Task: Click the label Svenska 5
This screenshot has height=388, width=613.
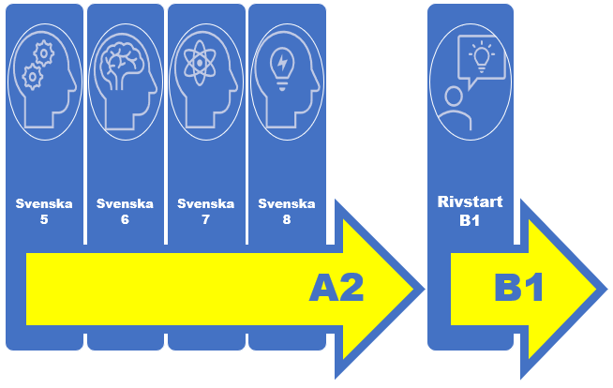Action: click(44, 212)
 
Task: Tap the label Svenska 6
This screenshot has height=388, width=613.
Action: click(125, 212)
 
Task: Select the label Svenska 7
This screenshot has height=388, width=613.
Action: click(205, 212)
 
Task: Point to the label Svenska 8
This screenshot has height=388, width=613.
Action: click(287, 212)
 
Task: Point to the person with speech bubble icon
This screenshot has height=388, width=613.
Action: click(470, 82)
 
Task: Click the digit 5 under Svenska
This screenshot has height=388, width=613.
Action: click(44, 221)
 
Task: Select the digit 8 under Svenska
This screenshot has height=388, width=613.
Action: click(287, 221)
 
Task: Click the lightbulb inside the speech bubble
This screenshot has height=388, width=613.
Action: click(482, 57)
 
